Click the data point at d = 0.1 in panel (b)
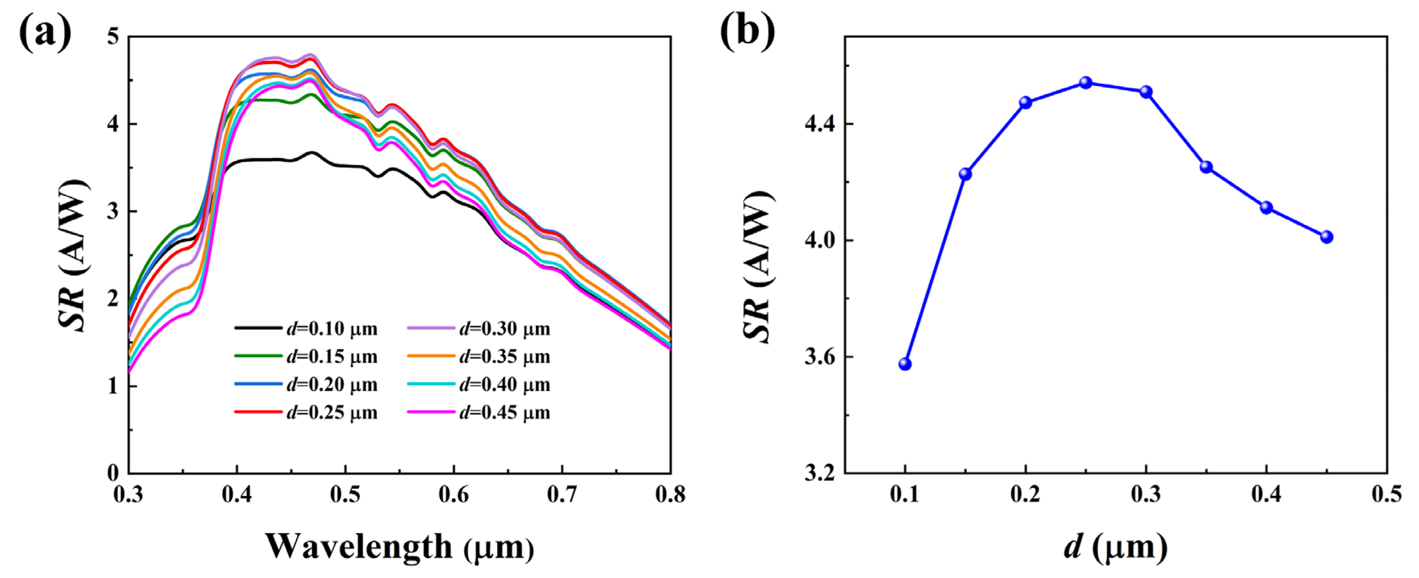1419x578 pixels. point(905,364)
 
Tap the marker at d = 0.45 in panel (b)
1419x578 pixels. point(1327,237)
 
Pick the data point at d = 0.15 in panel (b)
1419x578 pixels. point(965,174)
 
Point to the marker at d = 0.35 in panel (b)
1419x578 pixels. point(1206,167)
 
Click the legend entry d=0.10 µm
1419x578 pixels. point(306,329)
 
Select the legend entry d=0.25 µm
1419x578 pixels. point(306,413)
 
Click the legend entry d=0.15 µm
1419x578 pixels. point(306,357)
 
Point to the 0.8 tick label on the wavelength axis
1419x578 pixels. point(670,495)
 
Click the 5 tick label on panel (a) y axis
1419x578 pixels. point(113,36)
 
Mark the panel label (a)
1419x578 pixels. point(45,32)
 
